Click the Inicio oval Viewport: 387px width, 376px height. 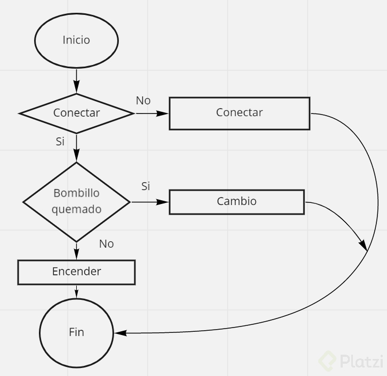pyautogui.click(x=76, y=40)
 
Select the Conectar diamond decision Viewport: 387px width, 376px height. pyautogui.click(x=76, y=113)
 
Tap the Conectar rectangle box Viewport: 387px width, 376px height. pyautogui.click(x=239, y=113)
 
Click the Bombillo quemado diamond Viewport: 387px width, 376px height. pyautogui.click(x=76, y=201)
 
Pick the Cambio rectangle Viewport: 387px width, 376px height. pyautogui.click(x=237, y=201)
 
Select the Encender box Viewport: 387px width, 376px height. pyautogui.click(x=76, y=272)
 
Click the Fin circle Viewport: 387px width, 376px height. pyautogui.click(x=76, y=332)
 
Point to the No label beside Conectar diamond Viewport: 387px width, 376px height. pyautogui.click(x=143, y=100)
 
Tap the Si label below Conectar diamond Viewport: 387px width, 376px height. pyautogui.click(x=60, y=142)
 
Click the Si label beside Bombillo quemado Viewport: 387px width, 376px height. pyautogui.click(x=146, y=186)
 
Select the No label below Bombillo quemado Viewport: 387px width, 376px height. pyautogui.click(x=107, y=244)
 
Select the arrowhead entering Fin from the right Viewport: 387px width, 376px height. pyautogui.click(x=119, y=333)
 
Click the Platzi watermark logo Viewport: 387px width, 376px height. pyautogui.click(x=351, y=362)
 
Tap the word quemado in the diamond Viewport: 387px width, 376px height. pyautogui.click(x=76, y=209)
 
